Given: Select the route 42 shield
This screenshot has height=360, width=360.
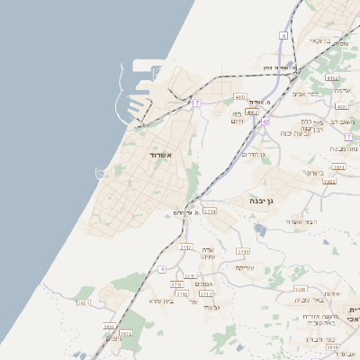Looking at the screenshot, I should [x=265, y=121].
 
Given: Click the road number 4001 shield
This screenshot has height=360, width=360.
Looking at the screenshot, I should [x=239, y=95].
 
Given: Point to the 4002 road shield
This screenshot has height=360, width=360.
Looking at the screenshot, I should [x=252, y=112].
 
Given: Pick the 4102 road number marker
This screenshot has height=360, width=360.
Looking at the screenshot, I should [x=331, y=78].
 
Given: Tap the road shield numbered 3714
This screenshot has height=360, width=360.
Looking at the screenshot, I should [x=210, y=211].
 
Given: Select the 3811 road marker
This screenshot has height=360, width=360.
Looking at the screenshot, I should [x=339, y=166].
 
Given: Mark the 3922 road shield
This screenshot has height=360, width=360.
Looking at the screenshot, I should [x=329, y=181].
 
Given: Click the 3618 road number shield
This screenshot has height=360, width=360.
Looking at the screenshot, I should [x=332, y=346].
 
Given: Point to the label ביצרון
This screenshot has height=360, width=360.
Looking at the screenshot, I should [x=312, y=173].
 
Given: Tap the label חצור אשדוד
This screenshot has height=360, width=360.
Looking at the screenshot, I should [x=295, y=221].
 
